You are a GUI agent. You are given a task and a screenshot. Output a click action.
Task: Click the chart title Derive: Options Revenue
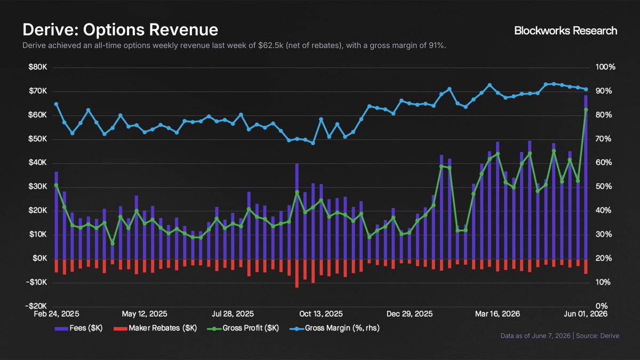point(121,30)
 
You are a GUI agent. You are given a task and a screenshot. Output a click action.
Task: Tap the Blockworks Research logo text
point(566,30)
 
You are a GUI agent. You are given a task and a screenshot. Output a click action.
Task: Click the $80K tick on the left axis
point(38,67)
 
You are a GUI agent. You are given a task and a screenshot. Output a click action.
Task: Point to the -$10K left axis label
point(36,283)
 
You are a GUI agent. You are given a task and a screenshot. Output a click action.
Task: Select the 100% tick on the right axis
point(605,67)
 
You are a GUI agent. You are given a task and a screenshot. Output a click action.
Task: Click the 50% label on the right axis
point(604,187)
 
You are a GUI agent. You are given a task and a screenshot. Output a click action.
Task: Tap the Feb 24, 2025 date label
point(57,314)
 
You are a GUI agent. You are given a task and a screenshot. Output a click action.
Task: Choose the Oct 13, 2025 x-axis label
point(321,314)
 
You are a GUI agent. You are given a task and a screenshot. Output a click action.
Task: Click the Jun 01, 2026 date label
point(586,314)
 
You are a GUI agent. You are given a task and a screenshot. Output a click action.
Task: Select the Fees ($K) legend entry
point(78,328)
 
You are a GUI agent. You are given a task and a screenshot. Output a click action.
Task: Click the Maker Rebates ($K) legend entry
point(155,328)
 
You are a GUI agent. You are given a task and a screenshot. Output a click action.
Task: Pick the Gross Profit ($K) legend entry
point(243,328)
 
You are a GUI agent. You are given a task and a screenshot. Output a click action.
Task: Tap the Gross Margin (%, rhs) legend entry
point(334,328)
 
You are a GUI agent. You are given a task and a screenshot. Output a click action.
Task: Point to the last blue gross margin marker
point(586,90)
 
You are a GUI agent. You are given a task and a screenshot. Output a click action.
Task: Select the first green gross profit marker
point(57,186)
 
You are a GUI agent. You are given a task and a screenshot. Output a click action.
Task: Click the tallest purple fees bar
point(586,177)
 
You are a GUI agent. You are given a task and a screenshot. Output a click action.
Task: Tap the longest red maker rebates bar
point(297,274)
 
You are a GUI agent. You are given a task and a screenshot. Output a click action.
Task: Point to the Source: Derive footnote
point(597,335)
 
